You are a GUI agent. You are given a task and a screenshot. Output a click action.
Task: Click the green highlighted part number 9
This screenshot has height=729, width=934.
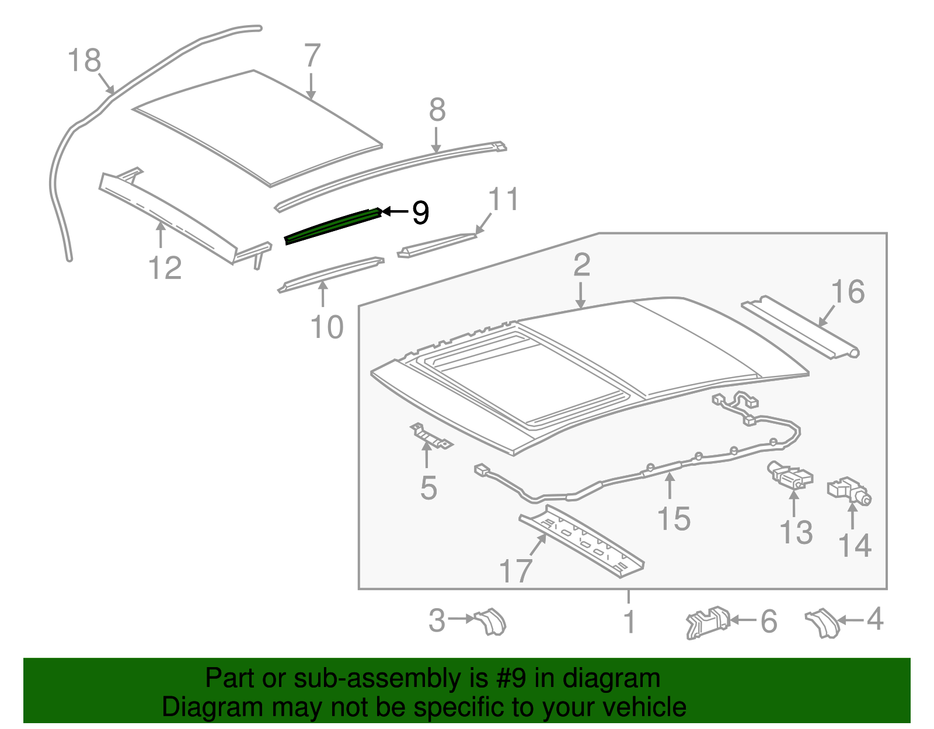[333, 227]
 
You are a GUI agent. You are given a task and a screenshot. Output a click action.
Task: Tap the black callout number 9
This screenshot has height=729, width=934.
[420, 212]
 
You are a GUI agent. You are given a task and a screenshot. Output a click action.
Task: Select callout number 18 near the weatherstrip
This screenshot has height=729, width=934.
[85, 61]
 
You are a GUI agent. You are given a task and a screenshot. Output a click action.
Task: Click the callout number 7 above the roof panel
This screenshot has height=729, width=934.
[312, 56]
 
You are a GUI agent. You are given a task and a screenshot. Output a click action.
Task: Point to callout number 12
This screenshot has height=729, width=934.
[165, 268]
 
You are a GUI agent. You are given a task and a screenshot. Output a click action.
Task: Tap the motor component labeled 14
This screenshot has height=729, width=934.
[849, 490]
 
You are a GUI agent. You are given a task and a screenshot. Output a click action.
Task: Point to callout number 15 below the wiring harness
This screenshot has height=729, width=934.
[674, 518]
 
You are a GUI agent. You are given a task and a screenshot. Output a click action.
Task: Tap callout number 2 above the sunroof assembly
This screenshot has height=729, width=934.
[581, 266]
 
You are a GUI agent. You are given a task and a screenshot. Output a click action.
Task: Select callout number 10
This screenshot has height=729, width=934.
[327, 327]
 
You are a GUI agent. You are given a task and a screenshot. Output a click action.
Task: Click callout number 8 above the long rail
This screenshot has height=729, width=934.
[437, 110]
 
